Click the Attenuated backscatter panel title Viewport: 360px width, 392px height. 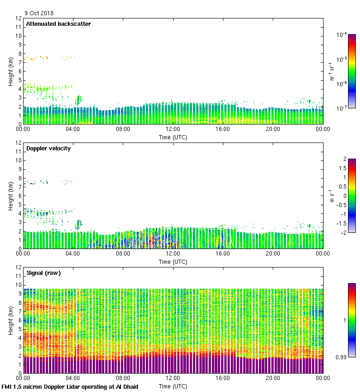(58, 24)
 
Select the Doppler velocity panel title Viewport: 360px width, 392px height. (48, 148)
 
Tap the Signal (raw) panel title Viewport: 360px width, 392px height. (43, 273)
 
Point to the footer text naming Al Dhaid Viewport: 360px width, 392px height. (70, 386)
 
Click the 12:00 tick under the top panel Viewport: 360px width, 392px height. (173, 130)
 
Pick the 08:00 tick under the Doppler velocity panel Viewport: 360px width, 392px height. (123, 254)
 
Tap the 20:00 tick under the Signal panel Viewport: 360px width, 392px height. (273, 379)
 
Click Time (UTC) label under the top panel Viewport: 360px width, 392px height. (173, 137)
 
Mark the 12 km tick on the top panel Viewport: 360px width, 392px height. (18, 18)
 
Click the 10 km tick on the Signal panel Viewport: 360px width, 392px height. (18, 285)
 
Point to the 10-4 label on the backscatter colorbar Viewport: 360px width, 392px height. (342, 35)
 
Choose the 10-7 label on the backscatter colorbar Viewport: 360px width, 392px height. (342, 108)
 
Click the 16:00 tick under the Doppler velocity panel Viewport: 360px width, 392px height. (223, 254)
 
